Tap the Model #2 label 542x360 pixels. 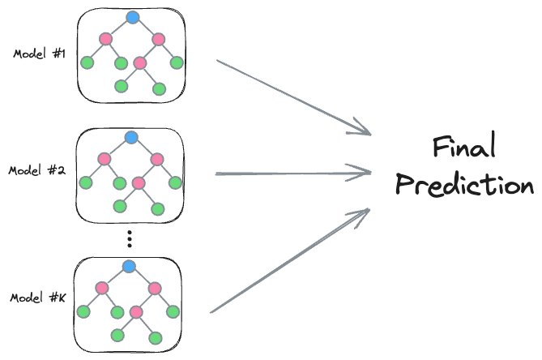pos(37,171)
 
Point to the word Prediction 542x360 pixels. pos(464,185)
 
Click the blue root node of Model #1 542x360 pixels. pos(133,17)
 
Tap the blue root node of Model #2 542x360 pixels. pos(132,137)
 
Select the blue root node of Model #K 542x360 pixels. pos(129,266)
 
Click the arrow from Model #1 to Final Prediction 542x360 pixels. pos(292,96)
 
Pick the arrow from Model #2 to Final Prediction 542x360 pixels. pos(292,173)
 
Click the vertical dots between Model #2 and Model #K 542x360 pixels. pos(130,238)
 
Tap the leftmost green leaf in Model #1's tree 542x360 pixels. pos(87,62)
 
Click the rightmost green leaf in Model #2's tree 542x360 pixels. pos(174,182)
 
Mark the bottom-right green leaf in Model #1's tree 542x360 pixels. pos(159,88)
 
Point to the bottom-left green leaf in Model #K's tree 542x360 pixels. pos(118,334)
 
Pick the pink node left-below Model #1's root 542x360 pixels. pos(105,39)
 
